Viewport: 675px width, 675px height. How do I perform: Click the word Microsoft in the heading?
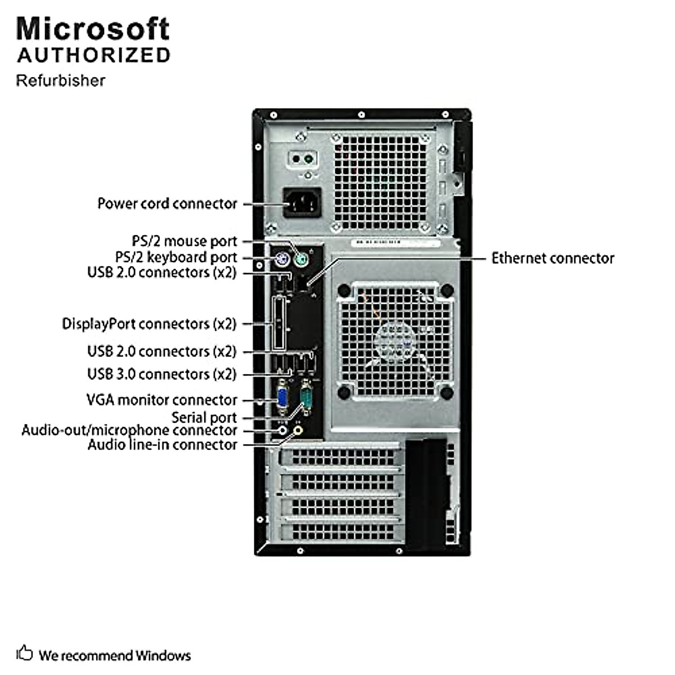click(93, 29)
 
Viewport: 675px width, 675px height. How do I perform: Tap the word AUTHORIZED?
click(93, 55)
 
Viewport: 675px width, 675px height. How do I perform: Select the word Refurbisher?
click(60, 80)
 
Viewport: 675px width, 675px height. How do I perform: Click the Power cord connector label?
click(167, 204)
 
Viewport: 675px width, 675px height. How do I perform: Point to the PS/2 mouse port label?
click(184, 241)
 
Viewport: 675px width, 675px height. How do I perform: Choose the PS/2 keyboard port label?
click(176, 258)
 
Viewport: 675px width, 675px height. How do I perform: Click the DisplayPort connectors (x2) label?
click(149, 324)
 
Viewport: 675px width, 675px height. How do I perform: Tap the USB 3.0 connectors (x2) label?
click(161, 374)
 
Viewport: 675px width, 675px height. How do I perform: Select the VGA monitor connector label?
click(161, 400)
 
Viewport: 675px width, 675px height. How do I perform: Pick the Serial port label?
click(204, 417)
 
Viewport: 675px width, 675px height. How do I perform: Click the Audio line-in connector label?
click(162, 445)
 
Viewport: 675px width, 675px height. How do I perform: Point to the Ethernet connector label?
click(552, 258)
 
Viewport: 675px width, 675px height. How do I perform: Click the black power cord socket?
click(302, 202)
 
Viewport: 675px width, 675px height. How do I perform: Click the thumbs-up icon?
click(24, 653)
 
